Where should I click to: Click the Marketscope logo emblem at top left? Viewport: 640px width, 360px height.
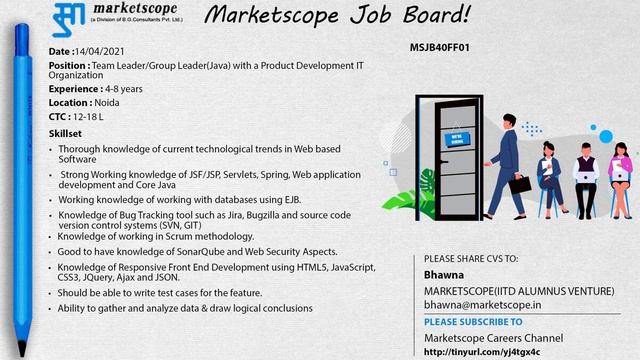tap(69, 18)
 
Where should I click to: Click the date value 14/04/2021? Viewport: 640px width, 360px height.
tap(101, 51)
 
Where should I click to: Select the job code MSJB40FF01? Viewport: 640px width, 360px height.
tap(440, 47)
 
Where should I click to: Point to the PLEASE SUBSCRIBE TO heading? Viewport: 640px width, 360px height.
tap(473, 322)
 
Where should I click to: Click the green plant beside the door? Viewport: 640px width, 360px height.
tap(429, 190)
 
